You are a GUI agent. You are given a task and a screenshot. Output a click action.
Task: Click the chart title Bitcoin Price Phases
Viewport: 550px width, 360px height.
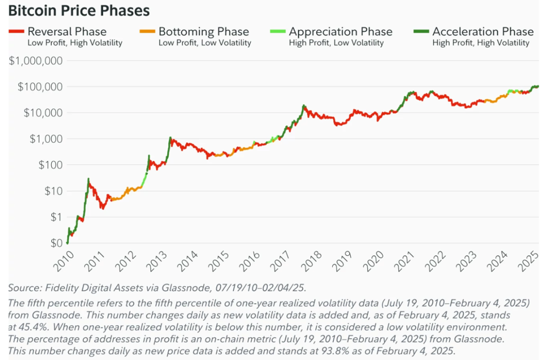click(79, 10)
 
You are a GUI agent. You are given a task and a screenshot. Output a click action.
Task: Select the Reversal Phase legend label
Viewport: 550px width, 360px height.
click(67, 31)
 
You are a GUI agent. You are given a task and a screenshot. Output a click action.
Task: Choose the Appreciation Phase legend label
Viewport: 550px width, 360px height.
click(341, 31)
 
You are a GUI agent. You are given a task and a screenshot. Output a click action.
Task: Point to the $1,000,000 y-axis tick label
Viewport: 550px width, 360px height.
click(35, 61)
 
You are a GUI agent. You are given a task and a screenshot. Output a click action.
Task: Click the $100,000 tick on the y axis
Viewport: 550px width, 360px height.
click(39, 86)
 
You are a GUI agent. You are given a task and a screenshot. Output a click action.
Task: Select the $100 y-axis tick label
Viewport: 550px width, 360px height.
click(49, 165)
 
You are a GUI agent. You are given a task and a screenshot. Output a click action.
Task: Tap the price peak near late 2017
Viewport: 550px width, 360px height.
click(304, 106)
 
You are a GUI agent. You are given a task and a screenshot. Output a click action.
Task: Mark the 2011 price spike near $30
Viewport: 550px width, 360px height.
click(88, 179)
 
